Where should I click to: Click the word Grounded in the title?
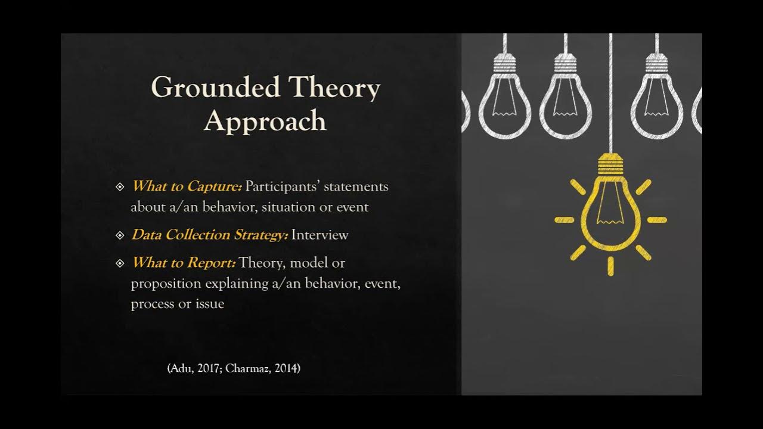coord(215,88)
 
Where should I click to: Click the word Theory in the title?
coord(334,88)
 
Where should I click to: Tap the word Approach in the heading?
coord(265,121)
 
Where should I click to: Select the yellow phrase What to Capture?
coord(186,186)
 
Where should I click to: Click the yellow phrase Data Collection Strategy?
coord(209,235)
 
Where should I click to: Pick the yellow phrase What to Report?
coord(184,263)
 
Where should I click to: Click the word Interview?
coord(320,235)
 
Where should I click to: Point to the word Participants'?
coord(283,186)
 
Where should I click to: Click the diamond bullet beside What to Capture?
coord(120,187)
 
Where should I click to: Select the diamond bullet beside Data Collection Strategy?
coord(120,235)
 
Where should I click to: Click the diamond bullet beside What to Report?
coord(120,263)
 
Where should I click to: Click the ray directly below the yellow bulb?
coord(610,266)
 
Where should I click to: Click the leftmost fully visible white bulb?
coord(505,101)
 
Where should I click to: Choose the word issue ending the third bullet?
coord(210,304)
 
